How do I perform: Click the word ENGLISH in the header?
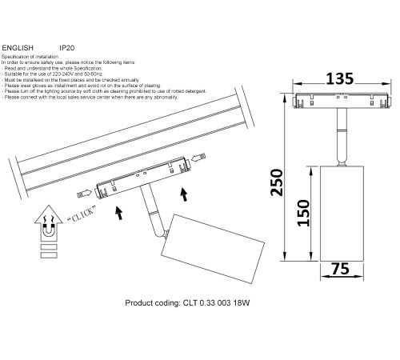(19, 48)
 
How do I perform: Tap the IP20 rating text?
(67, 48)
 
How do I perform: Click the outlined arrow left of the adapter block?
(83, 192)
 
